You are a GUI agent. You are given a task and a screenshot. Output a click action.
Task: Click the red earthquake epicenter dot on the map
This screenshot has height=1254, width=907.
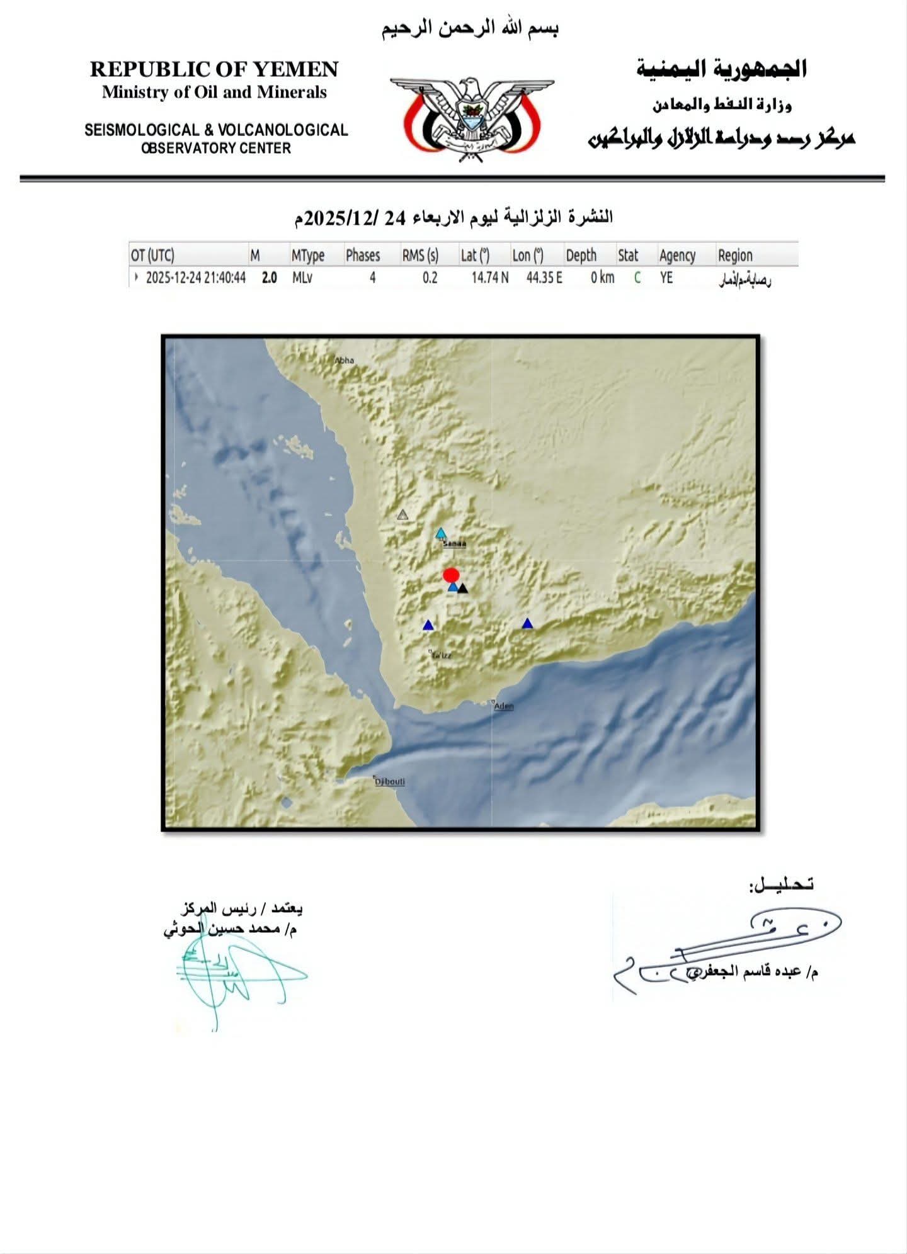coord(450,575)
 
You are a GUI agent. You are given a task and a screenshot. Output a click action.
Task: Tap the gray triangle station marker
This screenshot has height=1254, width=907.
coord(402,515)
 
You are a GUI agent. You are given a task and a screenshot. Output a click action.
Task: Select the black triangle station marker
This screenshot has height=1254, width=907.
coord(463,589)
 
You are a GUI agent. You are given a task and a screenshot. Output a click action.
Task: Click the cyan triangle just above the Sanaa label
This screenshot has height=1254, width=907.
coord(441,533)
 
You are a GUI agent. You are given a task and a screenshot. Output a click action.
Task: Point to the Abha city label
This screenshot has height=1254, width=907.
coord(345,361)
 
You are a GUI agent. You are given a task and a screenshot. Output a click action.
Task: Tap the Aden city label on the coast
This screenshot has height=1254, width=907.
coord(504,706)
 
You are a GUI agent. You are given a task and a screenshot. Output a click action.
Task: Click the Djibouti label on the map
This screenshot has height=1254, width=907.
coord(390,782)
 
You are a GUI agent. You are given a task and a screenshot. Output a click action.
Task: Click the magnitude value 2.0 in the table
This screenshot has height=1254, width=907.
coord(269,278)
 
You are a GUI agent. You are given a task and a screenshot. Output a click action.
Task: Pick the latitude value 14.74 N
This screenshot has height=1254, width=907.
coord(489,278)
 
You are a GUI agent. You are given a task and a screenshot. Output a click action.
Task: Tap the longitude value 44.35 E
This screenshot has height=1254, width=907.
coord(544,278)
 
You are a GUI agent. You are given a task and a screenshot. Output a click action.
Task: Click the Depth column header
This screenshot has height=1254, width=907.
coord(581,256)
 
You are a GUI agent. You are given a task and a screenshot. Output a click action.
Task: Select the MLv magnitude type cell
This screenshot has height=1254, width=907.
coord(302,278)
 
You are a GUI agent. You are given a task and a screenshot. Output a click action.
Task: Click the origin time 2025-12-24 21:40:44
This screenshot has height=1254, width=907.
coord(195,278)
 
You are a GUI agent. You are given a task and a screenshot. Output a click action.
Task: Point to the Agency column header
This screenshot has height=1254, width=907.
coord(677,256)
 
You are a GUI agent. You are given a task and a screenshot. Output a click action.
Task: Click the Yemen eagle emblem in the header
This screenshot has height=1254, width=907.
coord(472,118)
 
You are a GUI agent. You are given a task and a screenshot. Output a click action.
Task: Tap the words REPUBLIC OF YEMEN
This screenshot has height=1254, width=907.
coord(214,69)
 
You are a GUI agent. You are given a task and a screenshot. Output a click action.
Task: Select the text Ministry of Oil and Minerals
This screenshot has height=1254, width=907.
coord(214,93)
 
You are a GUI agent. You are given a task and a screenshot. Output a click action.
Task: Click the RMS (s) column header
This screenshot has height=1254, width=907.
coord(420,256)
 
